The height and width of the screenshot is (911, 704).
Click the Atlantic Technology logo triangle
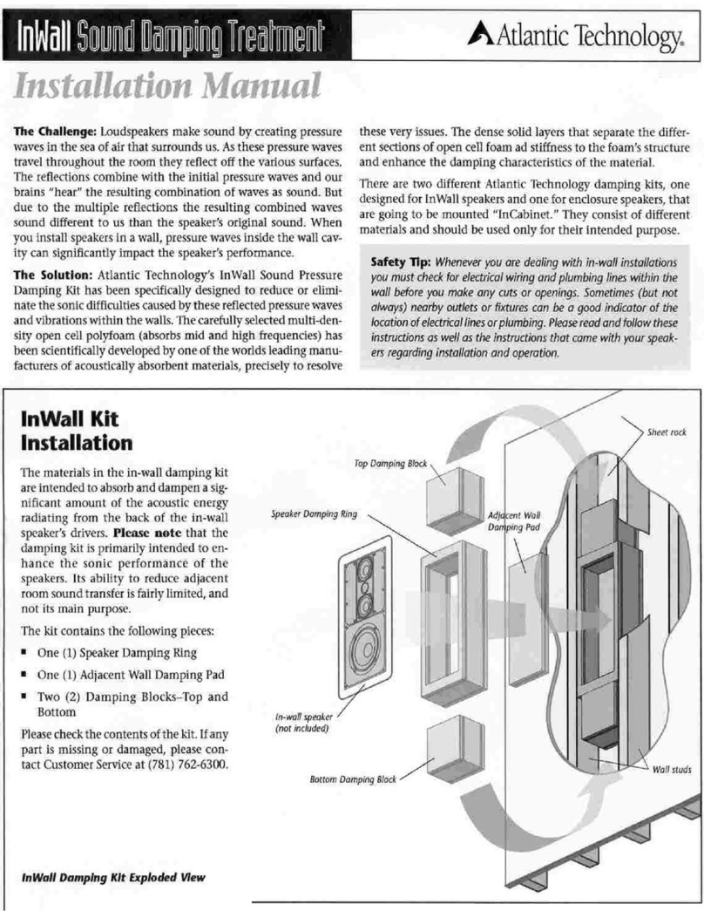pos(482,34)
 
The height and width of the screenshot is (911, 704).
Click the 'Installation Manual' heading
pos(165,85)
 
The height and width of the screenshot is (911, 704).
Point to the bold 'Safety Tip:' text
pos(401,262)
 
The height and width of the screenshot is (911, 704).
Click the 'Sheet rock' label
pos(666,432)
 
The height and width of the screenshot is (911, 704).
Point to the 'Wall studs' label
pos(671,770)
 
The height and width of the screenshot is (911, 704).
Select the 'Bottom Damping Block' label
pos(353,779)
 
